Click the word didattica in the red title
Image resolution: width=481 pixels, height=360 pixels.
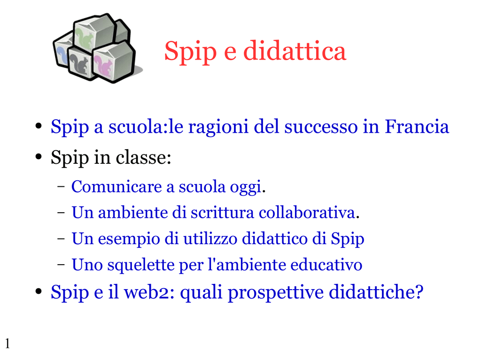tap(295, 51)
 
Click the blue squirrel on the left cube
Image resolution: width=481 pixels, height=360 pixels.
tap(61, 56)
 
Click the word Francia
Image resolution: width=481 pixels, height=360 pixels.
tap(417, 126)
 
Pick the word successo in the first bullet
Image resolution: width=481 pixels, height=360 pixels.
tap(320, 127)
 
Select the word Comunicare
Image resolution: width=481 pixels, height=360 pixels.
tap(116, 186)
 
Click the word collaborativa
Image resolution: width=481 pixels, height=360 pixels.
tap(307, 213)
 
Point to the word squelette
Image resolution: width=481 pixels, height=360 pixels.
tap(141, 265)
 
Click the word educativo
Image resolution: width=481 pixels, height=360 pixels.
tap(326, 265)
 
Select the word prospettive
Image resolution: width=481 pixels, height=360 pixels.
tap(275, 292)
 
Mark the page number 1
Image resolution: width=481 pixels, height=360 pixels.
tap(8, 344)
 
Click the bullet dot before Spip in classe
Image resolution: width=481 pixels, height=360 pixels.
tap(39, 157)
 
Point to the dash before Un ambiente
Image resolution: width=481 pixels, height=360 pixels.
tap(61, 213)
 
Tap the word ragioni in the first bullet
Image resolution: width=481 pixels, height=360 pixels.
tap(218, 127)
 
